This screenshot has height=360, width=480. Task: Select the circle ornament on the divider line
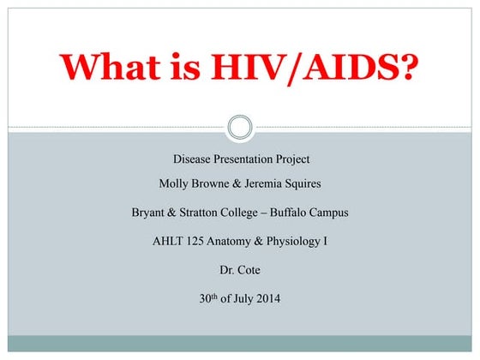(x=240, y=129)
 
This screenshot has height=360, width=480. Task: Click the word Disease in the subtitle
(x=193, y=159)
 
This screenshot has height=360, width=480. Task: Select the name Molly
(x=176, y=184)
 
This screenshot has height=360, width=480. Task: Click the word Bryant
(x=149, y=213)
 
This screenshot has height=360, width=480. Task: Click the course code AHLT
(x=168, y=241)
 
